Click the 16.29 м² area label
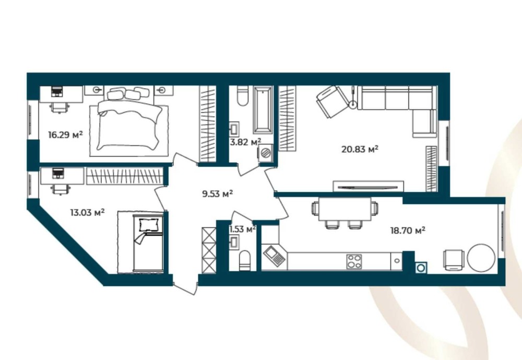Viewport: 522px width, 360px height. click(65, 135)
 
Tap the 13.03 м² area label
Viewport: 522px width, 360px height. click(87, 212)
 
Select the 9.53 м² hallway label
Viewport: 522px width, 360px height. click(217, 194)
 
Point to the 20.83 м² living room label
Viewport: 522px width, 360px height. click(360, 149)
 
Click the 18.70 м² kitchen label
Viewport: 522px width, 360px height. click(408, 230)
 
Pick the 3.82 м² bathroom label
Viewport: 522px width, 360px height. click(245, 142)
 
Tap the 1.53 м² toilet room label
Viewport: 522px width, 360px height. click(243, 229)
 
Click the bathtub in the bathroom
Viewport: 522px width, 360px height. click(263, 110)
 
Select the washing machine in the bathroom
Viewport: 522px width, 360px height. click(266, 153)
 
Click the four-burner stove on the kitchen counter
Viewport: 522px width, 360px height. click(354, 261)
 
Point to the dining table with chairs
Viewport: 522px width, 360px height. click(345, 212)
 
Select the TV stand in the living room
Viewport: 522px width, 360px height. click(369, 186)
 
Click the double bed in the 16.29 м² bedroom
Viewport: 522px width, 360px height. click(129, 122)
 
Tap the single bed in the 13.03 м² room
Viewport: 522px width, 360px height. click(148, 243)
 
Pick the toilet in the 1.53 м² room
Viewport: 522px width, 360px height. click(245, 260)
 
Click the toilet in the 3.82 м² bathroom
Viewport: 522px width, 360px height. click(242, 96)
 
